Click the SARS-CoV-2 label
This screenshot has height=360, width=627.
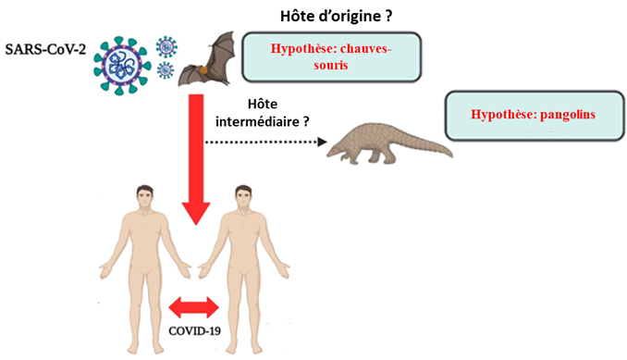click(x=45, y=50)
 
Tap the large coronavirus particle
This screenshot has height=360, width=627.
click(x=122, y=66)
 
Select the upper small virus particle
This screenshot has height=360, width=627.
click(x=166, y=47)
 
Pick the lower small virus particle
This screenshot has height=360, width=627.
click(x=166, y=70)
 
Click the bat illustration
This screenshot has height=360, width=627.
click(x=207, y=59)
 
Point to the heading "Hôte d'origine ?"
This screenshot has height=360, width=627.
click(x=336, y=17)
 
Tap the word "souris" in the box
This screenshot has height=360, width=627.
click(x=331, y=65)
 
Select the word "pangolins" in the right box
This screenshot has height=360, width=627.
click(x=568, y=115)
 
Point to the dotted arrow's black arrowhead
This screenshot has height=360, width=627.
click(x=322, y=142)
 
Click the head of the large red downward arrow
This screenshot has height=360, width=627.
click(x=196, y=213)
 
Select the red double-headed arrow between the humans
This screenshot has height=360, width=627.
click(x=194, y=308)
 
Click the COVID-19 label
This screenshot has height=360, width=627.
click(x=195, y=331)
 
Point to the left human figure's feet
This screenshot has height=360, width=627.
click(x=145, y=348)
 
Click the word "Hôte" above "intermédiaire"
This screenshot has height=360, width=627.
click(x=263, y=104)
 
